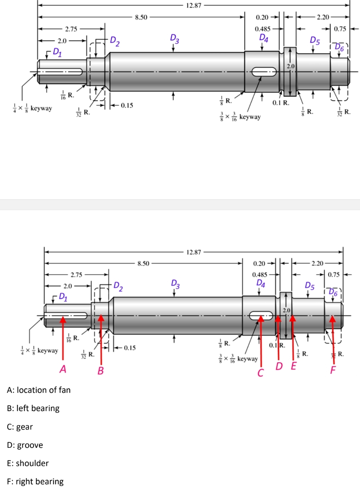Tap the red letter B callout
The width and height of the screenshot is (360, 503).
[101, 371]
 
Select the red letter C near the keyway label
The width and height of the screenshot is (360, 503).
[260, 372]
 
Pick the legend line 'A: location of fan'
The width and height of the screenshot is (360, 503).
[39, 390]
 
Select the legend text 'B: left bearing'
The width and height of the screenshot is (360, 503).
[33, 408]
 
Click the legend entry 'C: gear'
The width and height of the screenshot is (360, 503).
[20, 427]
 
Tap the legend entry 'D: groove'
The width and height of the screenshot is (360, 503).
[25, 445]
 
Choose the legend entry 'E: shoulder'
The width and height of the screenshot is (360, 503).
[28, 463]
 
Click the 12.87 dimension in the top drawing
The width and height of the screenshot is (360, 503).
[193, 5]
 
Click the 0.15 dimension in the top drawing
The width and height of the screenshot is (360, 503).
[126, 105]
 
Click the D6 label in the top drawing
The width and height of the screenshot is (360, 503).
[339, 47]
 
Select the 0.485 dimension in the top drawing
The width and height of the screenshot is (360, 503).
[262, 29]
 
